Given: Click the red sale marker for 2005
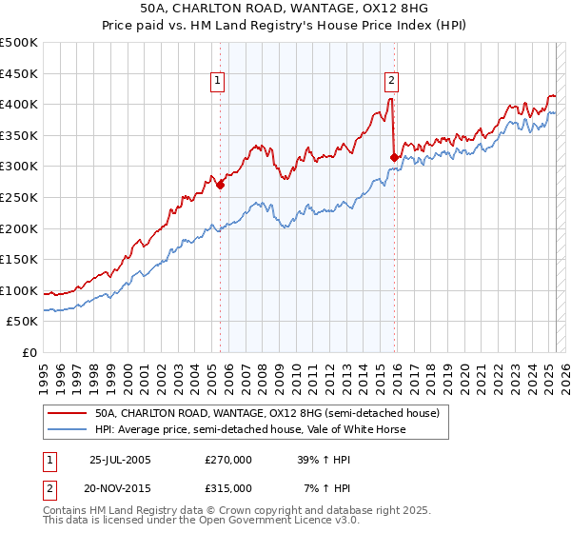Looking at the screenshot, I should pyautogui.click(x=220, y=186).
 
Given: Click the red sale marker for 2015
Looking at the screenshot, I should pyautogui.click(x=394, y=157).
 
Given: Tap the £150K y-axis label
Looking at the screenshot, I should pyautogui.click(x=20, y=259).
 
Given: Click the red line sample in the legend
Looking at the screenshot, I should pyautogui.click(x=68, y=414).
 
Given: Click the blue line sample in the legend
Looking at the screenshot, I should pyautogui.click(x=68, y=430).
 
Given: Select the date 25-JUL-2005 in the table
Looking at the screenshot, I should pyautogui.click(x=120, y=460).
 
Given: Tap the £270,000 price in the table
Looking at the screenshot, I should pyautogui.click(x=228, y=460).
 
